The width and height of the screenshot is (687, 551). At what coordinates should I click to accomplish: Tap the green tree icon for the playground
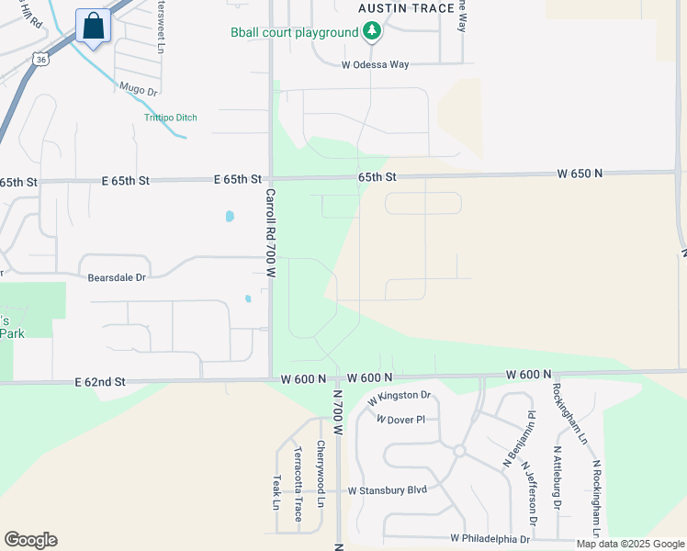(371, 33)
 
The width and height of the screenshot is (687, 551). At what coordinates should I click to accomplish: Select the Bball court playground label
(294, 33)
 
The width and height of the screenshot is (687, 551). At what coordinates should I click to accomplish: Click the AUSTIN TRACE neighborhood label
(406, 8)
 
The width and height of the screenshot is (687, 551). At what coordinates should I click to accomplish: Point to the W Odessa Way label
(375, 65)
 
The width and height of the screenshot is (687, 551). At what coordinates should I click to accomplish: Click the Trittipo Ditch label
(171, 118)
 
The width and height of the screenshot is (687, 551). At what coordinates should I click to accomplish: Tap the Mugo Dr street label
(139, 90)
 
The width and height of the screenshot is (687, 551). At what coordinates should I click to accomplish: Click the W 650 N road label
(580, 173)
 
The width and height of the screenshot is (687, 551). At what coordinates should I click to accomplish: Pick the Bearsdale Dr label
(117, 276)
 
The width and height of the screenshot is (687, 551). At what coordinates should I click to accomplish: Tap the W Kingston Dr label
(400, 398)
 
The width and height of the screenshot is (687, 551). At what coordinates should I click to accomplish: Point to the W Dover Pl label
(400, 419)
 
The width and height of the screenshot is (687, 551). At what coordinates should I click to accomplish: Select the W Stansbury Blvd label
(387, 489)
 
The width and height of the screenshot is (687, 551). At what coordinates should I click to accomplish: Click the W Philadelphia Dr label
(490, 538)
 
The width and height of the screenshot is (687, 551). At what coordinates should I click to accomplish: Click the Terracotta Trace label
(298, 484)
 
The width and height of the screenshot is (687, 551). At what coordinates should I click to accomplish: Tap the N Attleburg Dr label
(557, 478)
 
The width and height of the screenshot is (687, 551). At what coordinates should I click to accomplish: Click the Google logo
(30, 540)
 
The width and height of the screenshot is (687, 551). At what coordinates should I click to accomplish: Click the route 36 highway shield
(41, 59)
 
